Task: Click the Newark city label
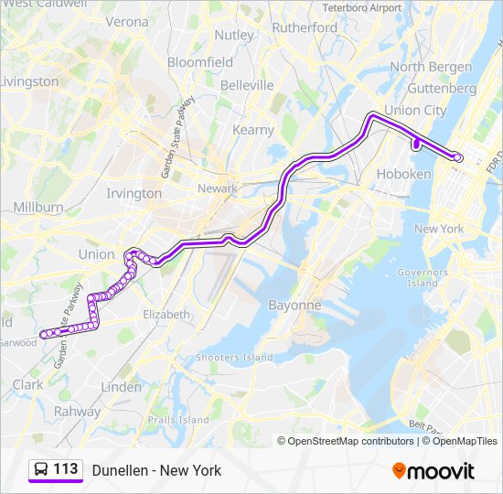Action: [x=218, y=188]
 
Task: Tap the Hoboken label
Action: [x=403, y=174]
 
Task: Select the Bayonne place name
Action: [x=294, y=305]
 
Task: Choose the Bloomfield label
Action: [x=200, y=62]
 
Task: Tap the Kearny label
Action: [x=253, y=130]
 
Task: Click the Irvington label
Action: [x=134, y=193]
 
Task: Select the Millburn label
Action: [x=38, y=208]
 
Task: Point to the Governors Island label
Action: [x=422, y=277]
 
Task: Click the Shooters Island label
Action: [x=235, y=357]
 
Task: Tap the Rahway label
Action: [x=77, y=411]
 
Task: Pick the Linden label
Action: [x=122, y=387]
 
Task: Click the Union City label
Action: [x=416, y=111]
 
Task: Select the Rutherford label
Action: [x=305, y=27]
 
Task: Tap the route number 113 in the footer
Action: [x=65, y=469]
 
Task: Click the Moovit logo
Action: [x=433, y=471]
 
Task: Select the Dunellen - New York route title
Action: [x=156, y=470]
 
